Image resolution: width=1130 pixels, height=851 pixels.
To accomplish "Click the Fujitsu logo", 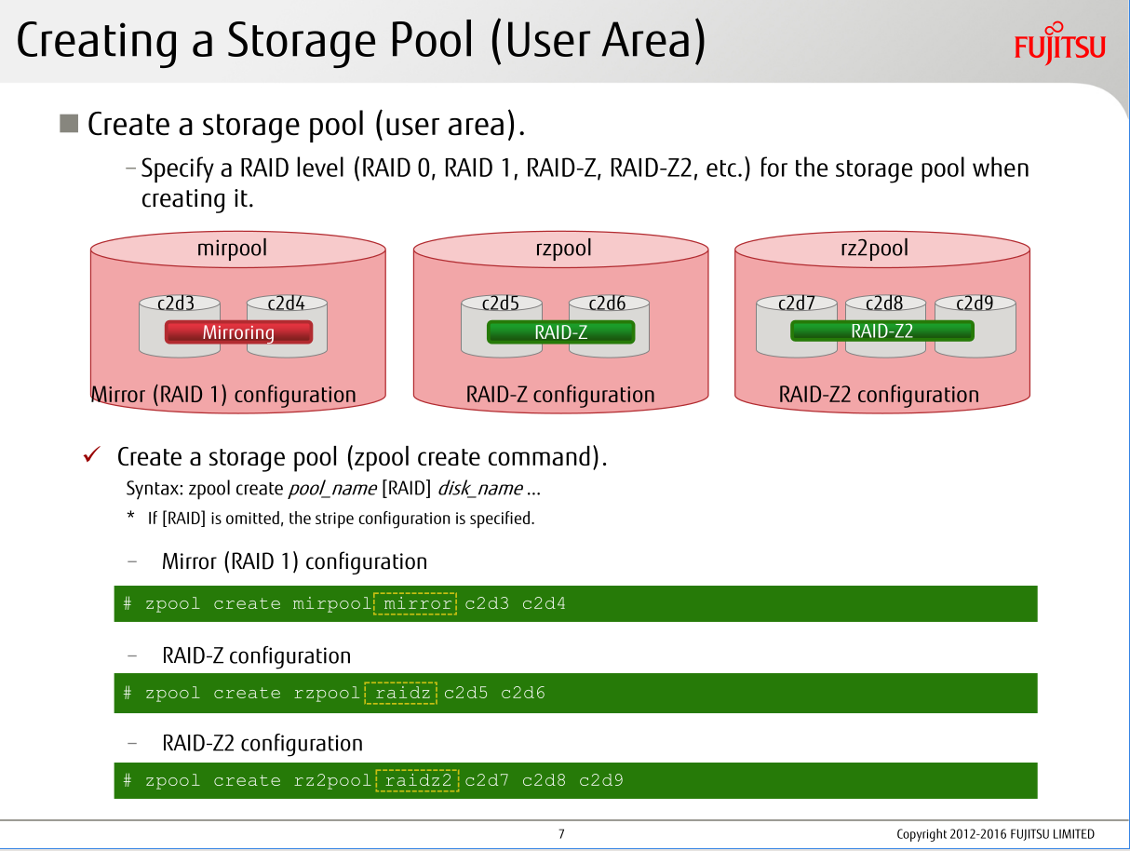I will [x=1059, y=43].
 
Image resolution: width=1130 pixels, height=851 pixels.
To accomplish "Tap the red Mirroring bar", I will [x=238, y=332].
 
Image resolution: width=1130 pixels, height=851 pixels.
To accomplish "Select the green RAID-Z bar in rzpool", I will [x=560, y=332].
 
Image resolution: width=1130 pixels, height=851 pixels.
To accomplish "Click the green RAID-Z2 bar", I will [x=881, y=331].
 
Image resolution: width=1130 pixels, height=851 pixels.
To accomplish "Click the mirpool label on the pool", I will [x=232, y=249].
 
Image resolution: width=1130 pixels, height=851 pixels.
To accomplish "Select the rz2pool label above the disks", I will [x=874, y=249].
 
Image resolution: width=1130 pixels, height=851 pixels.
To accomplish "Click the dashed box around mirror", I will [x=415, y=603].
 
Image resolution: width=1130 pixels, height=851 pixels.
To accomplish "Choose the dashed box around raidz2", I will [x=417, y=780].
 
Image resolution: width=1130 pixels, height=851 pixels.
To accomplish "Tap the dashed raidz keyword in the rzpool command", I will [x=401, y=693].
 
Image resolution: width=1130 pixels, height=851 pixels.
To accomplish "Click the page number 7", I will [x=561, y=834].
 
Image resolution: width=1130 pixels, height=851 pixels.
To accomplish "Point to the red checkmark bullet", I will [x=92, y=455].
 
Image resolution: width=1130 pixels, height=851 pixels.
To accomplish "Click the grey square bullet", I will [x=68, y=123].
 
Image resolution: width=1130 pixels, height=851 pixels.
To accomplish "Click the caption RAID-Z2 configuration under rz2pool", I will [x=879, y=395].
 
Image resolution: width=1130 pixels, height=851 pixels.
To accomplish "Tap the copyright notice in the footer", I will [x=995, y=834].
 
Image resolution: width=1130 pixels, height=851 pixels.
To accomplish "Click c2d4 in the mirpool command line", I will [x=544, y=603].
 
